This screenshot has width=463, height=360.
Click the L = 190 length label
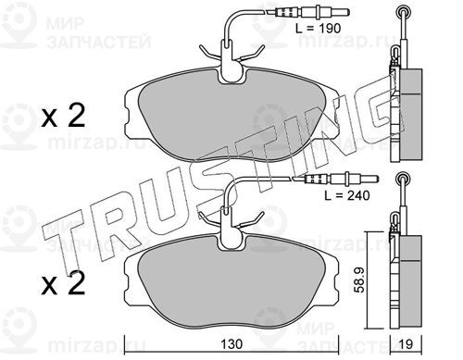coord(318,29)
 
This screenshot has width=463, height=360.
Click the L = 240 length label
coord(347,195)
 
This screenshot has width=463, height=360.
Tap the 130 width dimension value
coord(231,344)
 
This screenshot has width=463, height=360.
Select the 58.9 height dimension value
coord(360,279)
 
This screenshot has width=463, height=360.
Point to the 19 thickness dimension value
coord(406,344)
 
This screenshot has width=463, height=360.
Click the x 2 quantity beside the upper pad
coord(63,117)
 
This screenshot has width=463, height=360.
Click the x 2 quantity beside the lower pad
coord(63,283)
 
